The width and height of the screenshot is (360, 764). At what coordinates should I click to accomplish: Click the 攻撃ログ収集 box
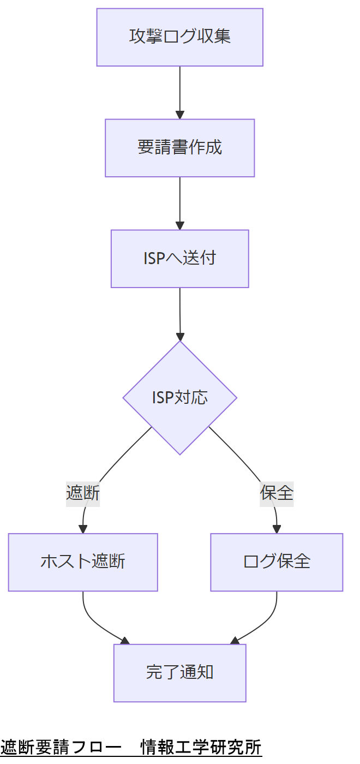point(180,37)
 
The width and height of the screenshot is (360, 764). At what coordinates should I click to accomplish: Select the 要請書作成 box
point(180,148)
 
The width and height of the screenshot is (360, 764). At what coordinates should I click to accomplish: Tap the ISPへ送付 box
point(180,258)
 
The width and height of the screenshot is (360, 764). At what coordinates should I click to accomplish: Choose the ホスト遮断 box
point(83,562)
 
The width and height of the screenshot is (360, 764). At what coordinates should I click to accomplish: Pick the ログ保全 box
point(277,562)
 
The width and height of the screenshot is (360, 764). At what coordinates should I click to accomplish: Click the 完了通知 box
point(180,673)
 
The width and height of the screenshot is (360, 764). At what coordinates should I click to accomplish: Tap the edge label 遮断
point(83,493)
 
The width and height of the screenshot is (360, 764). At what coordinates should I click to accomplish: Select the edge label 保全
point(277,493)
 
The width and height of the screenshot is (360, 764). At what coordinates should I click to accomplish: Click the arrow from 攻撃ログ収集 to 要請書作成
point(180,90)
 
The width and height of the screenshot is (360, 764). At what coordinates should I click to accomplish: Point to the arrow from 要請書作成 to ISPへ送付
point(180,201)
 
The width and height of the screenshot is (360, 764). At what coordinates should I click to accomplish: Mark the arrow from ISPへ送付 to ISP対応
point(180,311)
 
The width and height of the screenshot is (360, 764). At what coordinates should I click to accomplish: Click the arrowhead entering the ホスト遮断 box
point(83,529)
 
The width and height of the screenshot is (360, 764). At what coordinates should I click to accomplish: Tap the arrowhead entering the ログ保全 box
point(277,529)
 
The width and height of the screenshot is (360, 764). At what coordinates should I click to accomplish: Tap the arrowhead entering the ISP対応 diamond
point(180,336)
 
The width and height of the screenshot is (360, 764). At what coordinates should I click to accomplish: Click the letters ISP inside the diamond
point(163,397)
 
